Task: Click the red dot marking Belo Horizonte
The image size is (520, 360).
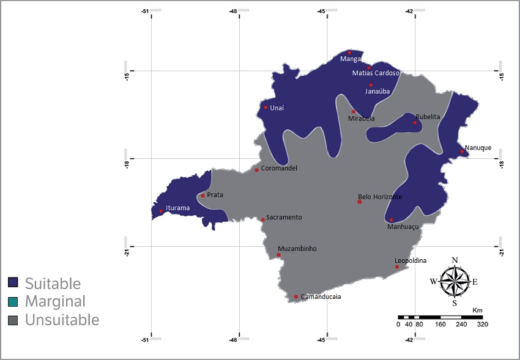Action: (360, 202)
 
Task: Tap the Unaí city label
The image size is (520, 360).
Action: (277, 108)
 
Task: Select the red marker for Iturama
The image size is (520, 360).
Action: (161, 211)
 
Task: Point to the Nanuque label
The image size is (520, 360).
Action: (478, 147)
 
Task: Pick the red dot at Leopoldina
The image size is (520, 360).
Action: (397, 267)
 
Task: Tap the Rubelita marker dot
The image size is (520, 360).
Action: (415, 123)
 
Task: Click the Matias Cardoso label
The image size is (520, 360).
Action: (376, 73)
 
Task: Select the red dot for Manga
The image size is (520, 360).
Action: (349, 53)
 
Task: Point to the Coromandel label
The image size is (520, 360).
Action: (279, 168)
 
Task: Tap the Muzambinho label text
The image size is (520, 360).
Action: (297, 249)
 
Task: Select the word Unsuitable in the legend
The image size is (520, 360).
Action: (62, 320)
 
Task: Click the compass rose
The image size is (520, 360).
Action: (455, 281)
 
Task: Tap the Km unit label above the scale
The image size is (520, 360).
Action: (477, 310)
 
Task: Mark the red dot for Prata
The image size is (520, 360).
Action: (202, 196)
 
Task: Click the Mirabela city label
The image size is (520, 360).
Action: (361, 119)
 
